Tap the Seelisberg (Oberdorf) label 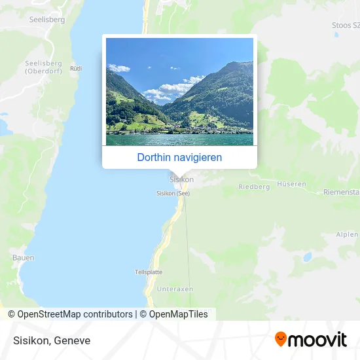coord(43,67)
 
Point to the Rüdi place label coord(76,67)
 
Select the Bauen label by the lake coord(23,258)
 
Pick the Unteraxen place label coord(175,289)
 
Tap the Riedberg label coord(254,187)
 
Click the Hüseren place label coord(292,184)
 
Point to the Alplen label coord(347,234)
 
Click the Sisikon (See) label coord(174,193)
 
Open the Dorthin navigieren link coord(179,157)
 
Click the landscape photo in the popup coord(179,91)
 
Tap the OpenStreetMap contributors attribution coord(75,314)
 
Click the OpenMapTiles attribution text coord(178,314)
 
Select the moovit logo coord(310,340)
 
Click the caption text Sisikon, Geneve coord(51,340)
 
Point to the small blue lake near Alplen coord(307,257)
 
